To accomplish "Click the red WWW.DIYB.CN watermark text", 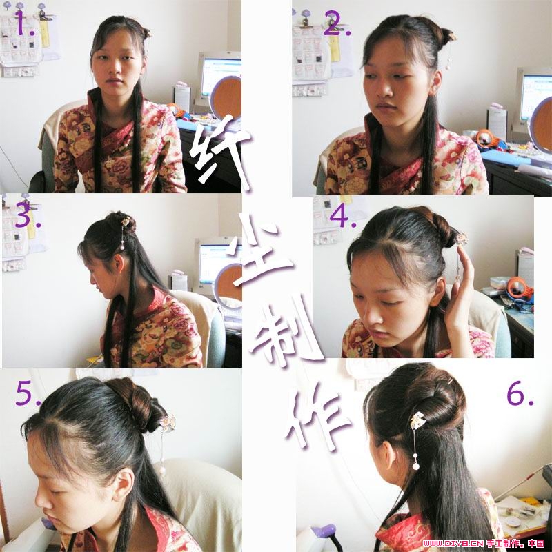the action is click(453, 544).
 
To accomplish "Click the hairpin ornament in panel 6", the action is click(418, 422).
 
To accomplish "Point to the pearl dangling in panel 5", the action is click(162, 470).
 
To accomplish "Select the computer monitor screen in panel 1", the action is click(221, 77).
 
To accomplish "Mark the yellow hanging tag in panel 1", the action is click(45, 33).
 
